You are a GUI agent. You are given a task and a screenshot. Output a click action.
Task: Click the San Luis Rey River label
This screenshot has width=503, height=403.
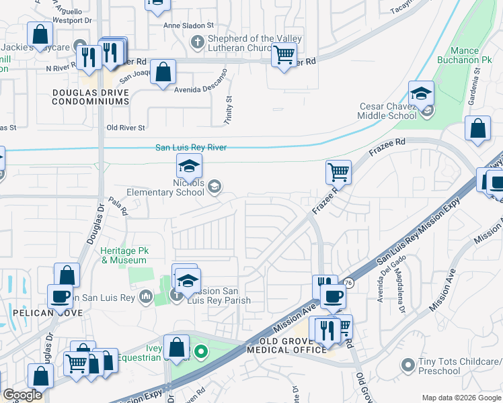coord(190,148)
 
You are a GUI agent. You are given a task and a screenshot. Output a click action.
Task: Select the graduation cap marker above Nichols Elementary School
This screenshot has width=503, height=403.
coord(190,166)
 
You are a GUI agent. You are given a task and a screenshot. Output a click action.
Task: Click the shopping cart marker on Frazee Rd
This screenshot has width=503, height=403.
coord(339,172)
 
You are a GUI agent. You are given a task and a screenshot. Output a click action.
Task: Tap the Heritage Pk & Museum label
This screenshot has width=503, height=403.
coord(124,255)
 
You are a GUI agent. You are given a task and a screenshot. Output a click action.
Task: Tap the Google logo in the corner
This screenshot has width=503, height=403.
coord(22,395)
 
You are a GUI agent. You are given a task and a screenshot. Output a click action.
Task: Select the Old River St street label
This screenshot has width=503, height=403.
coord(126,128)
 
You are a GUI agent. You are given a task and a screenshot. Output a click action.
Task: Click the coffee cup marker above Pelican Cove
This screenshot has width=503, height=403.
coord(60,296)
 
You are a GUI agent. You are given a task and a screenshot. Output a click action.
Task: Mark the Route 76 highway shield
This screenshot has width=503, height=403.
coord(348,284)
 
